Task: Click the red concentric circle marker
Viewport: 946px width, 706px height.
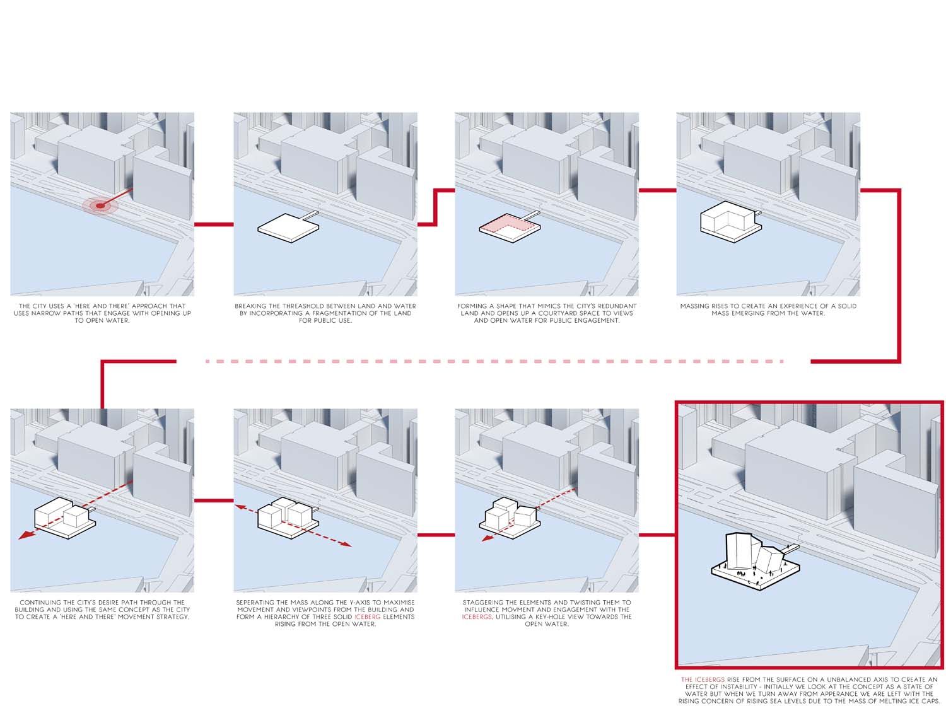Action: (100, 205)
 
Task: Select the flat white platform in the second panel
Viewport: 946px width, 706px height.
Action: (288, 228)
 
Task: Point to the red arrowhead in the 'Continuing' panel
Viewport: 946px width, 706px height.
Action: (26, 535)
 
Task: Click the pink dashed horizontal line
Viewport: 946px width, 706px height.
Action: (494, 361)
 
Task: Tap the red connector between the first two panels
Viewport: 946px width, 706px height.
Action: (214, 224)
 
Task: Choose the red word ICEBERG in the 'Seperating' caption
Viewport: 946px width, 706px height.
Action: (367, 617)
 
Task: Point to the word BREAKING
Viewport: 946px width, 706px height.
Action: (251, 306)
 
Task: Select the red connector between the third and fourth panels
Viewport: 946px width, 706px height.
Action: (657, 190)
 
